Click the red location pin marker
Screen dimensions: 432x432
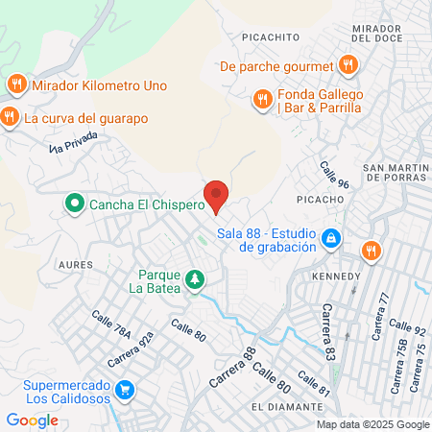(216, 195)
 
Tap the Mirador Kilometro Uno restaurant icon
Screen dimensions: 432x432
(16, 84)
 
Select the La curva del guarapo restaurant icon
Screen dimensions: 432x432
(11, 117)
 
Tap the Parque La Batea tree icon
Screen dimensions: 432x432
(195, 277)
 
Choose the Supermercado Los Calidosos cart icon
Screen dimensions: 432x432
(124, 389)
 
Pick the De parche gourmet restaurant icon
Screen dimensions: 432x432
(348, 65)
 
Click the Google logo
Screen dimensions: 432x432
(32, 420)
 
